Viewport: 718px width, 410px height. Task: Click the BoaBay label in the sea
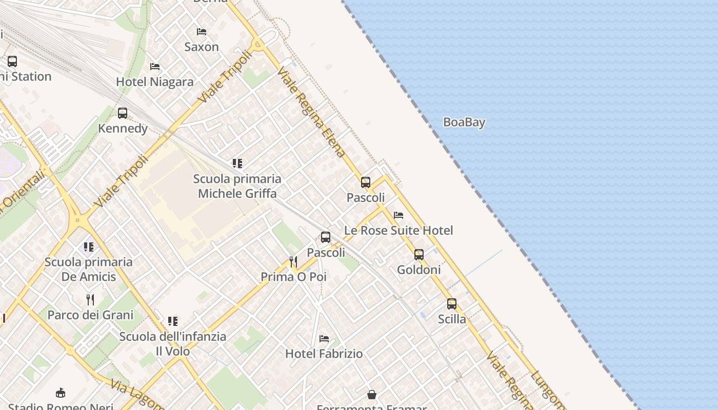click(464, 122)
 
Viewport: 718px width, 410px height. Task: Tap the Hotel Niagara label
click(155, 81)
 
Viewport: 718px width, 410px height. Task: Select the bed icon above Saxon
click(202, 32)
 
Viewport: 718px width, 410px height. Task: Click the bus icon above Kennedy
click(123, 113)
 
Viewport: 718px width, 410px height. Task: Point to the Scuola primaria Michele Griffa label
click(237, 186)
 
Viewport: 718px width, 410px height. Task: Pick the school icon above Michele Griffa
click(237, 163)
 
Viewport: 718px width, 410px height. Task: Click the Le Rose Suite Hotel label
click(398, 231)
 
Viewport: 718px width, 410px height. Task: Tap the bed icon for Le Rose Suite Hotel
click(398, 215)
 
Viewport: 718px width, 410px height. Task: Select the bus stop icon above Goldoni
click(419, 255)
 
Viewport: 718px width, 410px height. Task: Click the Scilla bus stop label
click(452, 319)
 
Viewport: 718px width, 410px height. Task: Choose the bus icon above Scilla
click(452, 304)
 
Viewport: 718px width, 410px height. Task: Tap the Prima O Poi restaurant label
click(293, 277)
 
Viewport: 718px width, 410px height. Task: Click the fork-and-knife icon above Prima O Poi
click(293, 262)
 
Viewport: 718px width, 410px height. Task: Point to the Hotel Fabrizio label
click(324, 354)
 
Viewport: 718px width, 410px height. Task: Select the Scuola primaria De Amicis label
click(89, 269)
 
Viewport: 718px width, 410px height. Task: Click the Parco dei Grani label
click(90, 315)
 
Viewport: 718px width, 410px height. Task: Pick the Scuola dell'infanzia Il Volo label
click(173, 344)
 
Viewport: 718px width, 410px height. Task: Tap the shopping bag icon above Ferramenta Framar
click(372, 395)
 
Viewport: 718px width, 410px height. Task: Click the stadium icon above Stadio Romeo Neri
click(61, 393)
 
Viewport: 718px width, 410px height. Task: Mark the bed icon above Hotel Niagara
click(155, 67)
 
